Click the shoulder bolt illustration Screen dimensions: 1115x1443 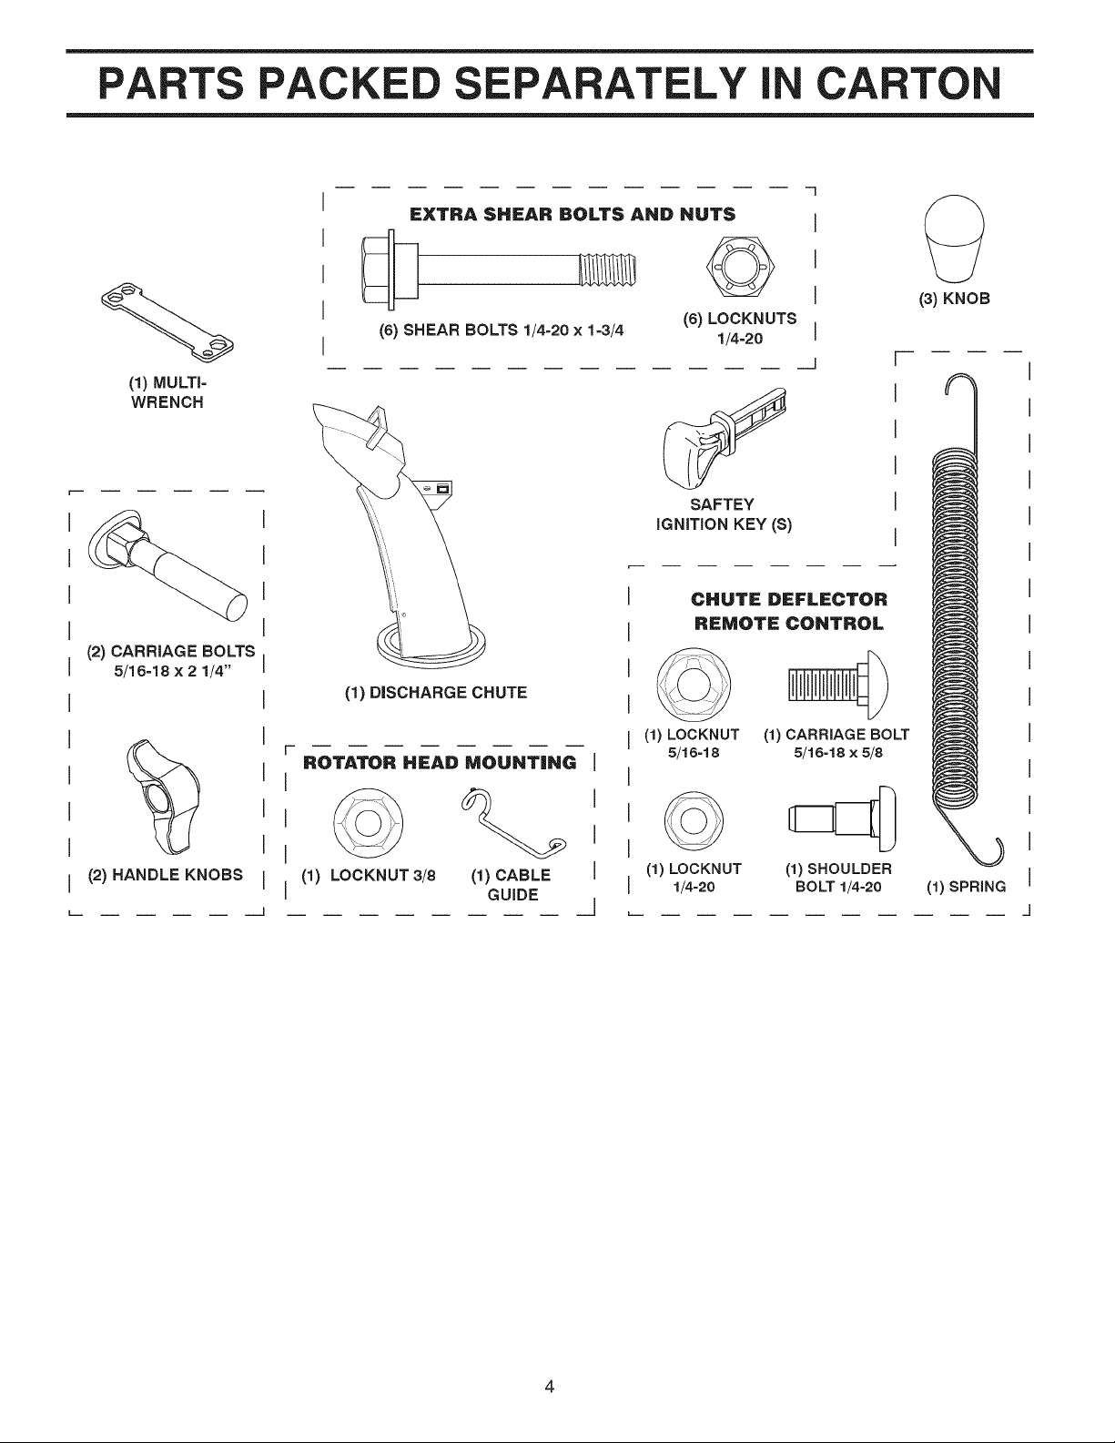tap(842, 818)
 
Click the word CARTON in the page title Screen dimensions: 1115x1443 tap(909, 84)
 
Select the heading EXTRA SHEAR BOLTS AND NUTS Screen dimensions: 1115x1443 tap(573, 215)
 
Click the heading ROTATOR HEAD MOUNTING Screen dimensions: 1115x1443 tap(440, 762)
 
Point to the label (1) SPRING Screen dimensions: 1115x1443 tap(967, 887)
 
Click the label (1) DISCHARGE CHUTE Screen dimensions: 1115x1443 tap(435, 693)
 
